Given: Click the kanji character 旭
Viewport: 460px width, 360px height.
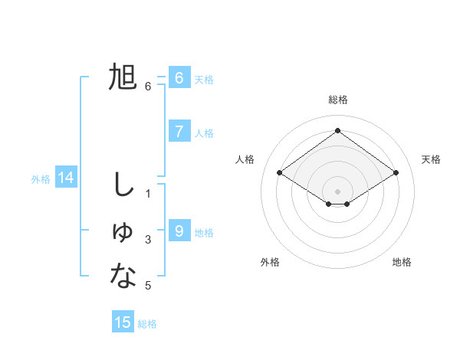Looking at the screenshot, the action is click(x=123, y=77).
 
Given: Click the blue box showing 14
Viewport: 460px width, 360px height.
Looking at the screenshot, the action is click(x=66, y=178).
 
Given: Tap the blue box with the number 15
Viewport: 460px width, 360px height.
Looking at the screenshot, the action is click(x=123, y=322).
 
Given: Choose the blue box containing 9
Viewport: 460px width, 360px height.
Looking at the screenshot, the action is click(x=179, y=231).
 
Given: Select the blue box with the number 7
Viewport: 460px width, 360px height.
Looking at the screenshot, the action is click(x=179, y=131).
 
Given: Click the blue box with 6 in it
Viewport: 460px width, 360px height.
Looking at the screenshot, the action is click(x=179, y=77).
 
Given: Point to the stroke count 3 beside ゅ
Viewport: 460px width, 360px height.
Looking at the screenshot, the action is click(x=148, y=240).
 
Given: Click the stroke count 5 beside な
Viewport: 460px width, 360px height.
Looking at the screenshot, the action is click(x=148, y=286).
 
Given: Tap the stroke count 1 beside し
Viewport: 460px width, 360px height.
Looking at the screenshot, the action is click(x=148, y=194).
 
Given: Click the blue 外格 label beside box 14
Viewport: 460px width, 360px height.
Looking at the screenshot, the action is click(x=41, y=179).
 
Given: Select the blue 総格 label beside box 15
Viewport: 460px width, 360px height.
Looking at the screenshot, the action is click(x=147, y=324).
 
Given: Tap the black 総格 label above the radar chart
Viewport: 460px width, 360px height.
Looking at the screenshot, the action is click(x=337, y=100).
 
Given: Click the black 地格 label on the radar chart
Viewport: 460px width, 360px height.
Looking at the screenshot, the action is click(x=402, y=262).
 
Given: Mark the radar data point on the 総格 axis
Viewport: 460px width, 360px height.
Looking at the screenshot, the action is click(x=337, y=130).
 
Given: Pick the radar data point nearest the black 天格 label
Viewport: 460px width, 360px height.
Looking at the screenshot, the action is click(x=396, y=173).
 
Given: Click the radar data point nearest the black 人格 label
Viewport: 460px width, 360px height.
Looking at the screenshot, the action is click(x=280, y=173).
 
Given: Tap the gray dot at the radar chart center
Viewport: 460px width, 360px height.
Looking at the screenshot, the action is click(x=337, y=191).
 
